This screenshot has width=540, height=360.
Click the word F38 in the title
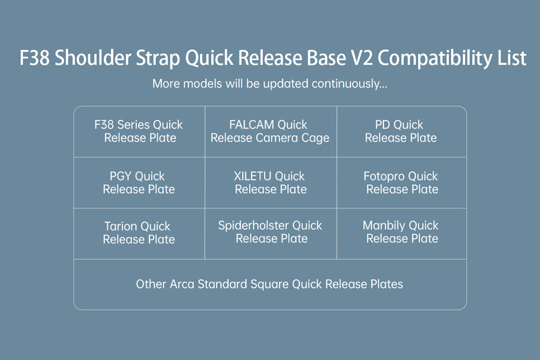pyautogui.click(x=34, y=58)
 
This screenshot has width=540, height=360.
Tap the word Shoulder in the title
pyautogui.click(x=93, y=57)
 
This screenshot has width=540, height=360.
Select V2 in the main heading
pyautogui.click(x=362, y=58)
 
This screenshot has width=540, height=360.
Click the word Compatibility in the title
pyautogui.click(x=434, y=58)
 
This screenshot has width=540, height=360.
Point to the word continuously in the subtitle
pyautogui.click(x=349, y=84)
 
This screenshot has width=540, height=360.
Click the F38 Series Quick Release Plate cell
pyautogui.click(x=139, y=131)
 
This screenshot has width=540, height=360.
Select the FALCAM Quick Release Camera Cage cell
pyautogui.click(x=271, y=131)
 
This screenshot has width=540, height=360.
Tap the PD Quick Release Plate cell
pyautogui.click(x=401, y=131)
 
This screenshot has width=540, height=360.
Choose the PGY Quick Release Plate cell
pyautogui.click(x=139, y=182)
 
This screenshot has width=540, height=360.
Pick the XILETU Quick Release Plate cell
pyautogui.click(x=271, y=182)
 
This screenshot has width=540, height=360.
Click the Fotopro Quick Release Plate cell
pyautogui.click(x=401, y=182)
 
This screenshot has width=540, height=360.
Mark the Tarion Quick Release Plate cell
pyautogui.click(x=139, y=233)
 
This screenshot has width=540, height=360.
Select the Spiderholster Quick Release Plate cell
pyautogui.click(x=271, y=233)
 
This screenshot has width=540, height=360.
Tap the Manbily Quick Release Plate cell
pyautogui.click(x=401, y=233)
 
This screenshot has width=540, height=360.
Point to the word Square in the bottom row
pyautogui.click(x=269, y=285)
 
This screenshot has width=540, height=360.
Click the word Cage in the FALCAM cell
pyautogui.click(x=316, y=138)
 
